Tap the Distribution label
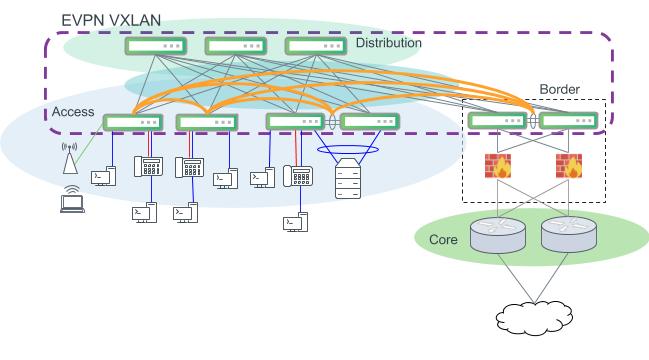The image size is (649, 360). click(x=388, y=44)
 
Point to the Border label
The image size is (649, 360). click(x=559, y=89)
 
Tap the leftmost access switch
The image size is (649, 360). click(x=131, y=122)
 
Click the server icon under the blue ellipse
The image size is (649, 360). click(x=348, y=183)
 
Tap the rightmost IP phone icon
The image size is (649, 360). click(x=298, y=175)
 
